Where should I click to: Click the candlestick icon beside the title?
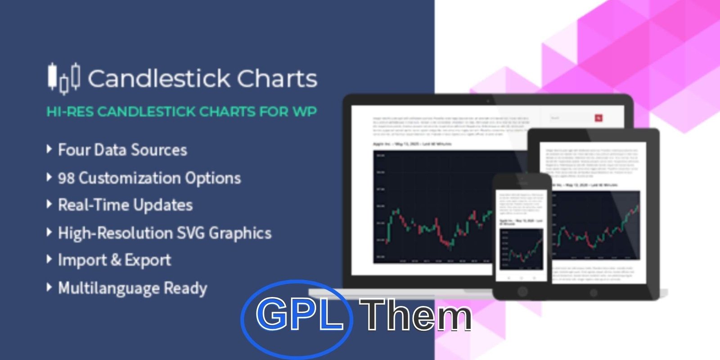pyautogui.click(x=64, y=78)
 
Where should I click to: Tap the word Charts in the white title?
pyautogui.click(x=277, y=79)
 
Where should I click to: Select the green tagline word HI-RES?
pyautogui.click(x=70, y=112)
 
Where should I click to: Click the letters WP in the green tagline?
pyautogui.click(x=305, y=112)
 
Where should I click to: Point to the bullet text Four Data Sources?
pyautogui.click(x=122, y=150)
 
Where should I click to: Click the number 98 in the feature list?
pyautogui.click(x=66, y=178)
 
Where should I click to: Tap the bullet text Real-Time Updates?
pyautogui.click(x=125, y=205)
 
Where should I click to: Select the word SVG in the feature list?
pyautogui.click(x=190, y=233)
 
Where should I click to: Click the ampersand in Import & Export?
pyautogui.click(x=116, y=260)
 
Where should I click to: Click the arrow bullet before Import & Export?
pyautogui.click(x=49, y=259)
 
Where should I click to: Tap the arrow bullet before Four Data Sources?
pyautogui.click(x=49, y=149)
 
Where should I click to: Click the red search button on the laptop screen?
pyautogui.click(x=598, y=118)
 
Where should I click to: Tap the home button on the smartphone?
pyautogui.click(x=522, y=291)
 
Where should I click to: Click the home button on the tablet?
pyautogui.click(x=594, y=293)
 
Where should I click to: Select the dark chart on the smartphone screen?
pyautogui.click(x=522, y=248)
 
